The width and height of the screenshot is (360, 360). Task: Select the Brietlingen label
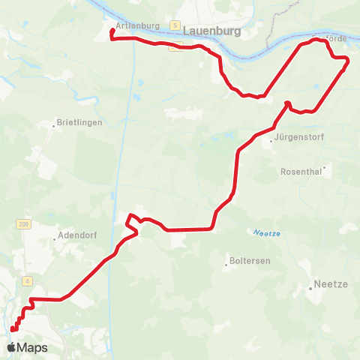click(80, 122)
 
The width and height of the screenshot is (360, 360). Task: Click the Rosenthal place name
click(300, 172)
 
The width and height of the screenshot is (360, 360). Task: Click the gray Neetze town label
click(331, 286)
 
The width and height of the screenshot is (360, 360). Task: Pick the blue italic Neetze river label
click(266, 232)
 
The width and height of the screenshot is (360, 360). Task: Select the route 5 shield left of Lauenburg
click(174, 25)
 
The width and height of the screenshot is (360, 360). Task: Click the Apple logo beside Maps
click(11, 347)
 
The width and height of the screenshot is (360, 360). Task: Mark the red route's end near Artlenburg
click(112, 31)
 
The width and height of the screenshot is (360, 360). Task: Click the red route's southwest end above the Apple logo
click(12, 329)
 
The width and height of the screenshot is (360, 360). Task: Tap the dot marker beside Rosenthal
click(324, 168)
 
